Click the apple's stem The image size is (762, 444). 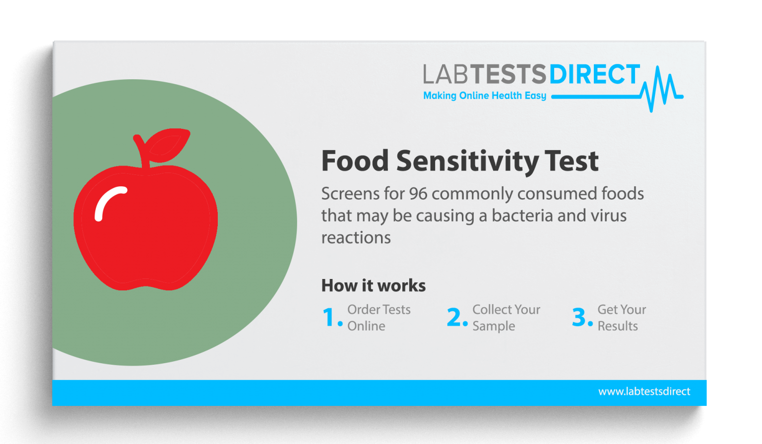142,151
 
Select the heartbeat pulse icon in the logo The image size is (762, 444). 662,89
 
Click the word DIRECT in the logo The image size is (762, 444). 594,75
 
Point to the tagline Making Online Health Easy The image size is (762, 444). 484,96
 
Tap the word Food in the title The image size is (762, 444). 355,161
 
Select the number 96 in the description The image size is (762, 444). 418,193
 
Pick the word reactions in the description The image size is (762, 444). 356,238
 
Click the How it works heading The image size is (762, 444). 373,285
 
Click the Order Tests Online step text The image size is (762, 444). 379,318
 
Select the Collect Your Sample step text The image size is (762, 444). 506,318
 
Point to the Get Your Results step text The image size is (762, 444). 621,318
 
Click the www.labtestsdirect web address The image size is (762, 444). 644,391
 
